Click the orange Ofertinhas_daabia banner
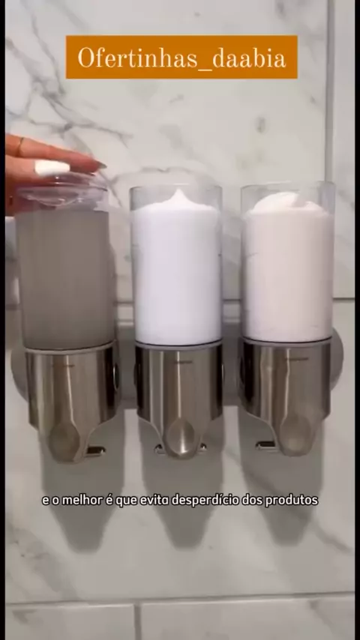[181, 57]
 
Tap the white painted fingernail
[52, 167]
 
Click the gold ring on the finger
[19, 146]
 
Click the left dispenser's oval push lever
[64, 441]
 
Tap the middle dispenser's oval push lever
[180, 437]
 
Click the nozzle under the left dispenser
[95, 450]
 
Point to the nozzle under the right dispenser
[265, 445]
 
